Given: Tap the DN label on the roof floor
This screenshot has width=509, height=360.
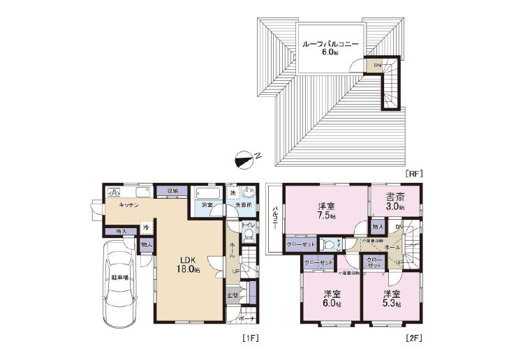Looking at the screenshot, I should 377,66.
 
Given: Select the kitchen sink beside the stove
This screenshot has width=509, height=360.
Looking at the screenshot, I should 142,192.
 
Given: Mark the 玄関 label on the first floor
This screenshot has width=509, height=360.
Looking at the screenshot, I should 232,296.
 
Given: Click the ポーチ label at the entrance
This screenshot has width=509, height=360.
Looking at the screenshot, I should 246,320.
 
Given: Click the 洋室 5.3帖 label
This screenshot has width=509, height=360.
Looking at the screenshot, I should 391,298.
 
